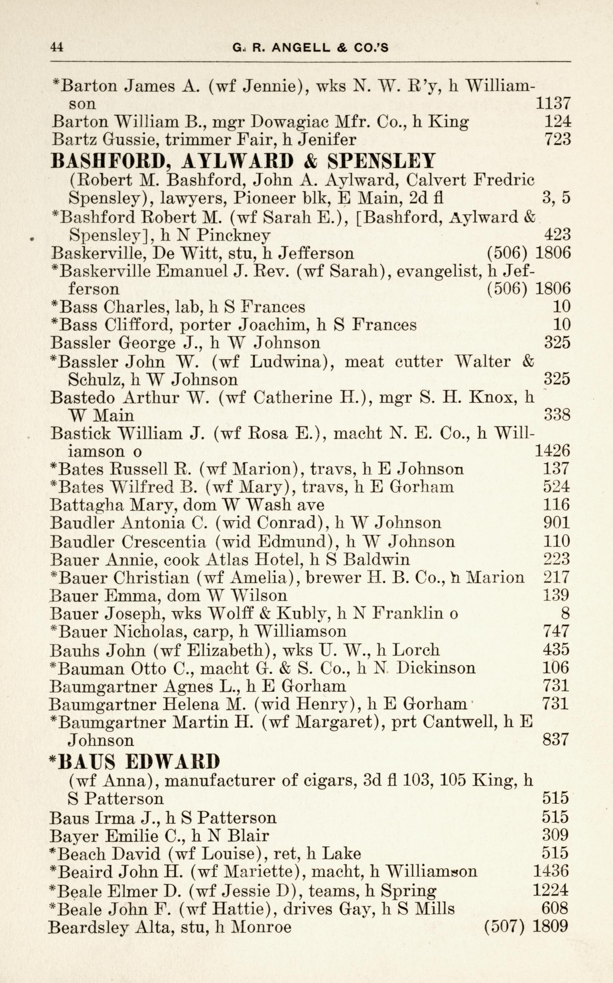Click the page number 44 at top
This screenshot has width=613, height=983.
point(57,47)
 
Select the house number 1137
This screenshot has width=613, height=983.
point(553,104)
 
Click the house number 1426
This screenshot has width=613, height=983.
point(552,451)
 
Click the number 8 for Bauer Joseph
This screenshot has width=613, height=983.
point(565,614)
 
